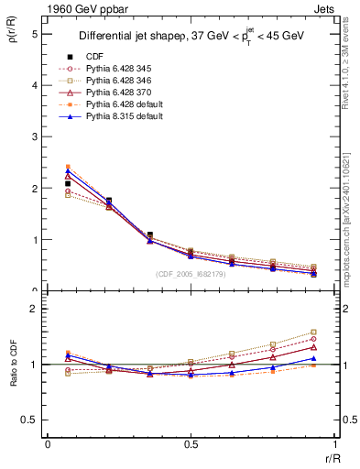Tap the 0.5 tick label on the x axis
(191, 443)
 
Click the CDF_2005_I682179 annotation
(191, 273)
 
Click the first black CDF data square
(68, 184)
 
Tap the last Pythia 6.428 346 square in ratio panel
(313, 333)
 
